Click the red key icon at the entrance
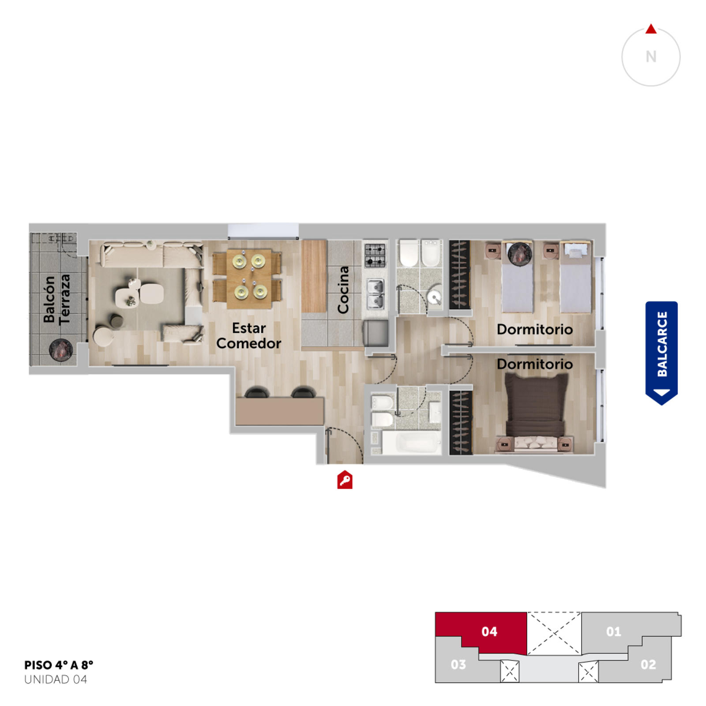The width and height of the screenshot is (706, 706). [345, 480]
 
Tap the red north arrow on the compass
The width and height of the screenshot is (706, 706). [651, 29]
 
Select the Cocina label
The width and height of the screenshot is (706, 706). [343, 290]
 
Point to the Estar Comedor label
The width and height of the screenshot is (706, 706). [249, 336]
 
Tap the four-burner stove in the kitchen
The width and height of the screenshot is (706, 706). [375, 255]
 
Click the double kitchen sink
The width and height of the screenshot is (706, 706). [376, 294]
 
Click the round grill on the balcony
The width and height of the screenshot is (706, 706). [60, 350]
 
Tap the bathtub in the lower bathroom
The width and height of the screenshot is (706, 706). [411, 442]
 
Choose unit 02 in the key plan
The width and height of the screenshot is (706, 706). [648, 665]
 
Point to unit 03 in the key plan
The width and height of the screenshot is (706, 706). [458, 665]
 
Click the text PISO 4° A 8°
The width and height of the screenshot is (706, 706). [59, 665]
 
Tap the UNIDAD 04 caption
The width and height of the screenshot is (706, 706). [56, 680]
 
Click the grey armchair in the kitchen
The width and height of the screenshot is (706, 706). [376, 333]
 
